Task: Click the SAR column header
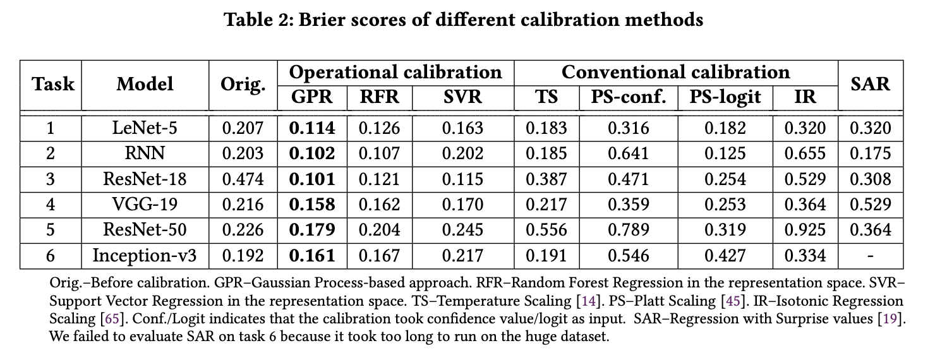click(870, 84)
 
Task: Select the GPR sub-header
click(312, 97)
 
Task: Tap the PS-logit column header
click(725, 97)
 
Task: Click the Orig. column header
click(243, 85)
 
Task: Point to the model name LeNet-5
click(145, 128)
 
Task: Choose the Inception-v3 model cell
click(145, 255)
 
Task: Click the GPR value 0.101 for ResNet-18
click(312, 179)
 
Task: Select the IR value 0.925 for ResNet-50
click(805, 230)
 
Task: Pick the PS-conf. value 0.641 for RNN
click(628, 153)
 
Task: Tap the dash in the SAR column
click(870, 256)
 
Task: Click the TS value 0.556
click(546, 230)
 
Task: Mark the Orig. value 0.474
click(243, 179)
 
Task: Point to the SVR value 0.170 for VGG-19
click(462, 205)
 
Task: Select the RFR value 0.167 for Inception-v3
click(379, 255)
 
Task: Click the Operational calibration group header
click(395, 72)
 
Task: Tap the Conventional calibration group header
click(675, 72)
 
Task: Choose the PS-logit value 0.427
click(725, 255)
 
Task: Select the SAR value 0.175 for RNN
click(870, 153)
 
